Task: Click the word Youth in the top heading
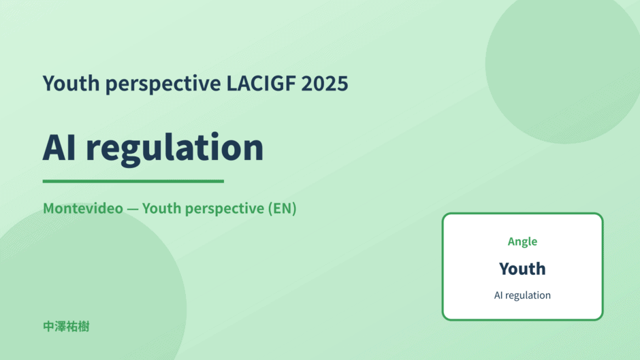click(x=71, y=83)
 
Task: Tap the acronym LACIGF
click(x=261, y=83)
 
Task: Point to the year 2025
click(x=325, y=83)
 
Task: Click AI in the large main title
click(x=59, y=148)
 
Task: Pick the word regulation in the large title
click(x=175, y=150)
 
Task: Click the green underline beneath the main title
click(x=133, y=181)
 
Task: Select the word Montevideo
click(x=83, y=208)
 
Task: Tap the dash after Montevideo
click(x=133, y=209)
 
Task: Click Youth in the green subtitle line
click(x=161, y=208)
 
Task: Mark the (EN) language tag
click(x=282, y=208)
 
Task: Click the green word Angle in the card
click(x=522, y=242)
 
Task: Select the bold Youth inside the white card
click(x=522, y=269)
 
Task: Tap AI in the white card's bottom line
click(x=498, y=295)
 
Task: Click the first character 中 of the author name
click(x=48, y=327)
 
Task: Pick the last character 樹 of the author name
click(x=84, y=327)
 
